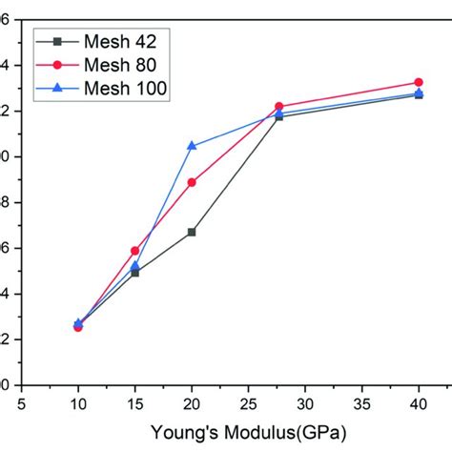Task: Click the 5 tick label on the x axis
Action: (x=22, y=403)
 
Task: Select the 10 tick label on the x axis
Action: (x=78, y=403)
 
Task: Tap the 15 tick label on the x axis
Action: (x=134, y=403)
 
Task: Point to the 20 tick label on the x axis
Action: (x=192, y=403)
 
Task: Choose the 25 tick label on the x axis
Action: (x=248, y=403)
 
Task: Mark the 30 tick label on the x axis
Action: (x=305, y=403)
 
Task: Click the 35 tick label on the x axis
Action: (x=362, y=403)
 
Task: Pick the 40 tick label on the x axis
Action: (x=419, y=403)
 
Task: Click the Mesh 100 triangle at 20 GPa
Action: (x=192, y=146)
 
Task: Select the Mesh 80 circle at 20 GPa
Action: (x=192, y=182)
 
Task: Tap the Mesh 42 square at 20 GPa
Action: (x=192, y=232)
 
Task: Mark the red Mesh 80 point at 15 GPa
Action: (x=134, y=251)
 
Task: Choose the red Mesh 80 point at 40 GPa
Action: (x=419, y=83)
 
